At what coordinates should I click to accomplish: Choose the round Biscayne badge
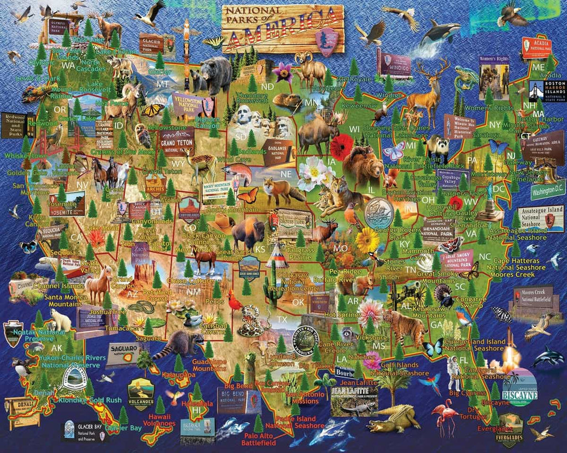[519, 386]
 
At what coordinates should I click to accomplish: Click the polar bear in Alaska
[60, 319]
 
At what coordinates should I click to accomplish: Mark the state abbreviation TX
[282, 320]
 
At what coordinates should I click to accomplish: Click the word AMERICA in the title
[282, 34]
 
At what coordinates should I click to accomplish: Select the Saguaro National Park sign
[123, 354]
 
